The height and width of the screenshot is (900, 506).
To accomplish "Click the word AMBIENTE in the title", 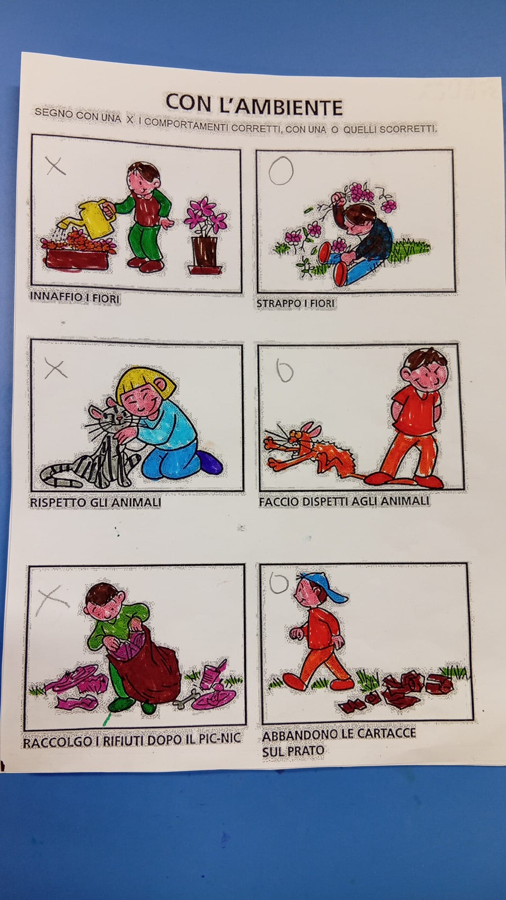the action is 281,106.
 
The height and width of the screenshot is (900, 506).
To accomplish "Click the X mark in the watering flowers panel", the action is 56,165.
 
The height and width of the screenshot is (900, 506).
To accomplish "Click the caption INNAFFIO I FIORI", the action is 75,297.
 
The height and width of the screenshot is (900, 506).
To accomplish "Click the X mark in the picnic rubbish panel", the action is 52,600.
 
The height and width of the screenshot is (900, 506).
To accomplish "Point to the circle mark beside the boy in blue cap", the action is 279,583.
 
